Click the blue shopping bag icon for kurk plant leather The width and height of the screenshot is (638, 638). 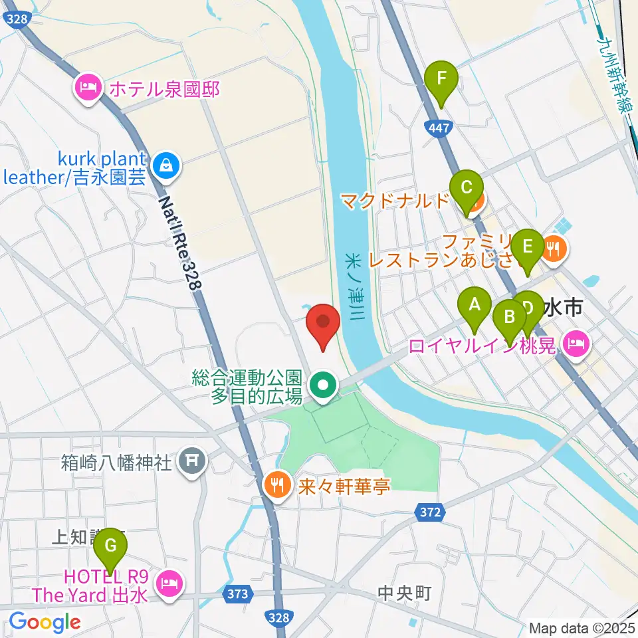164,167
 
